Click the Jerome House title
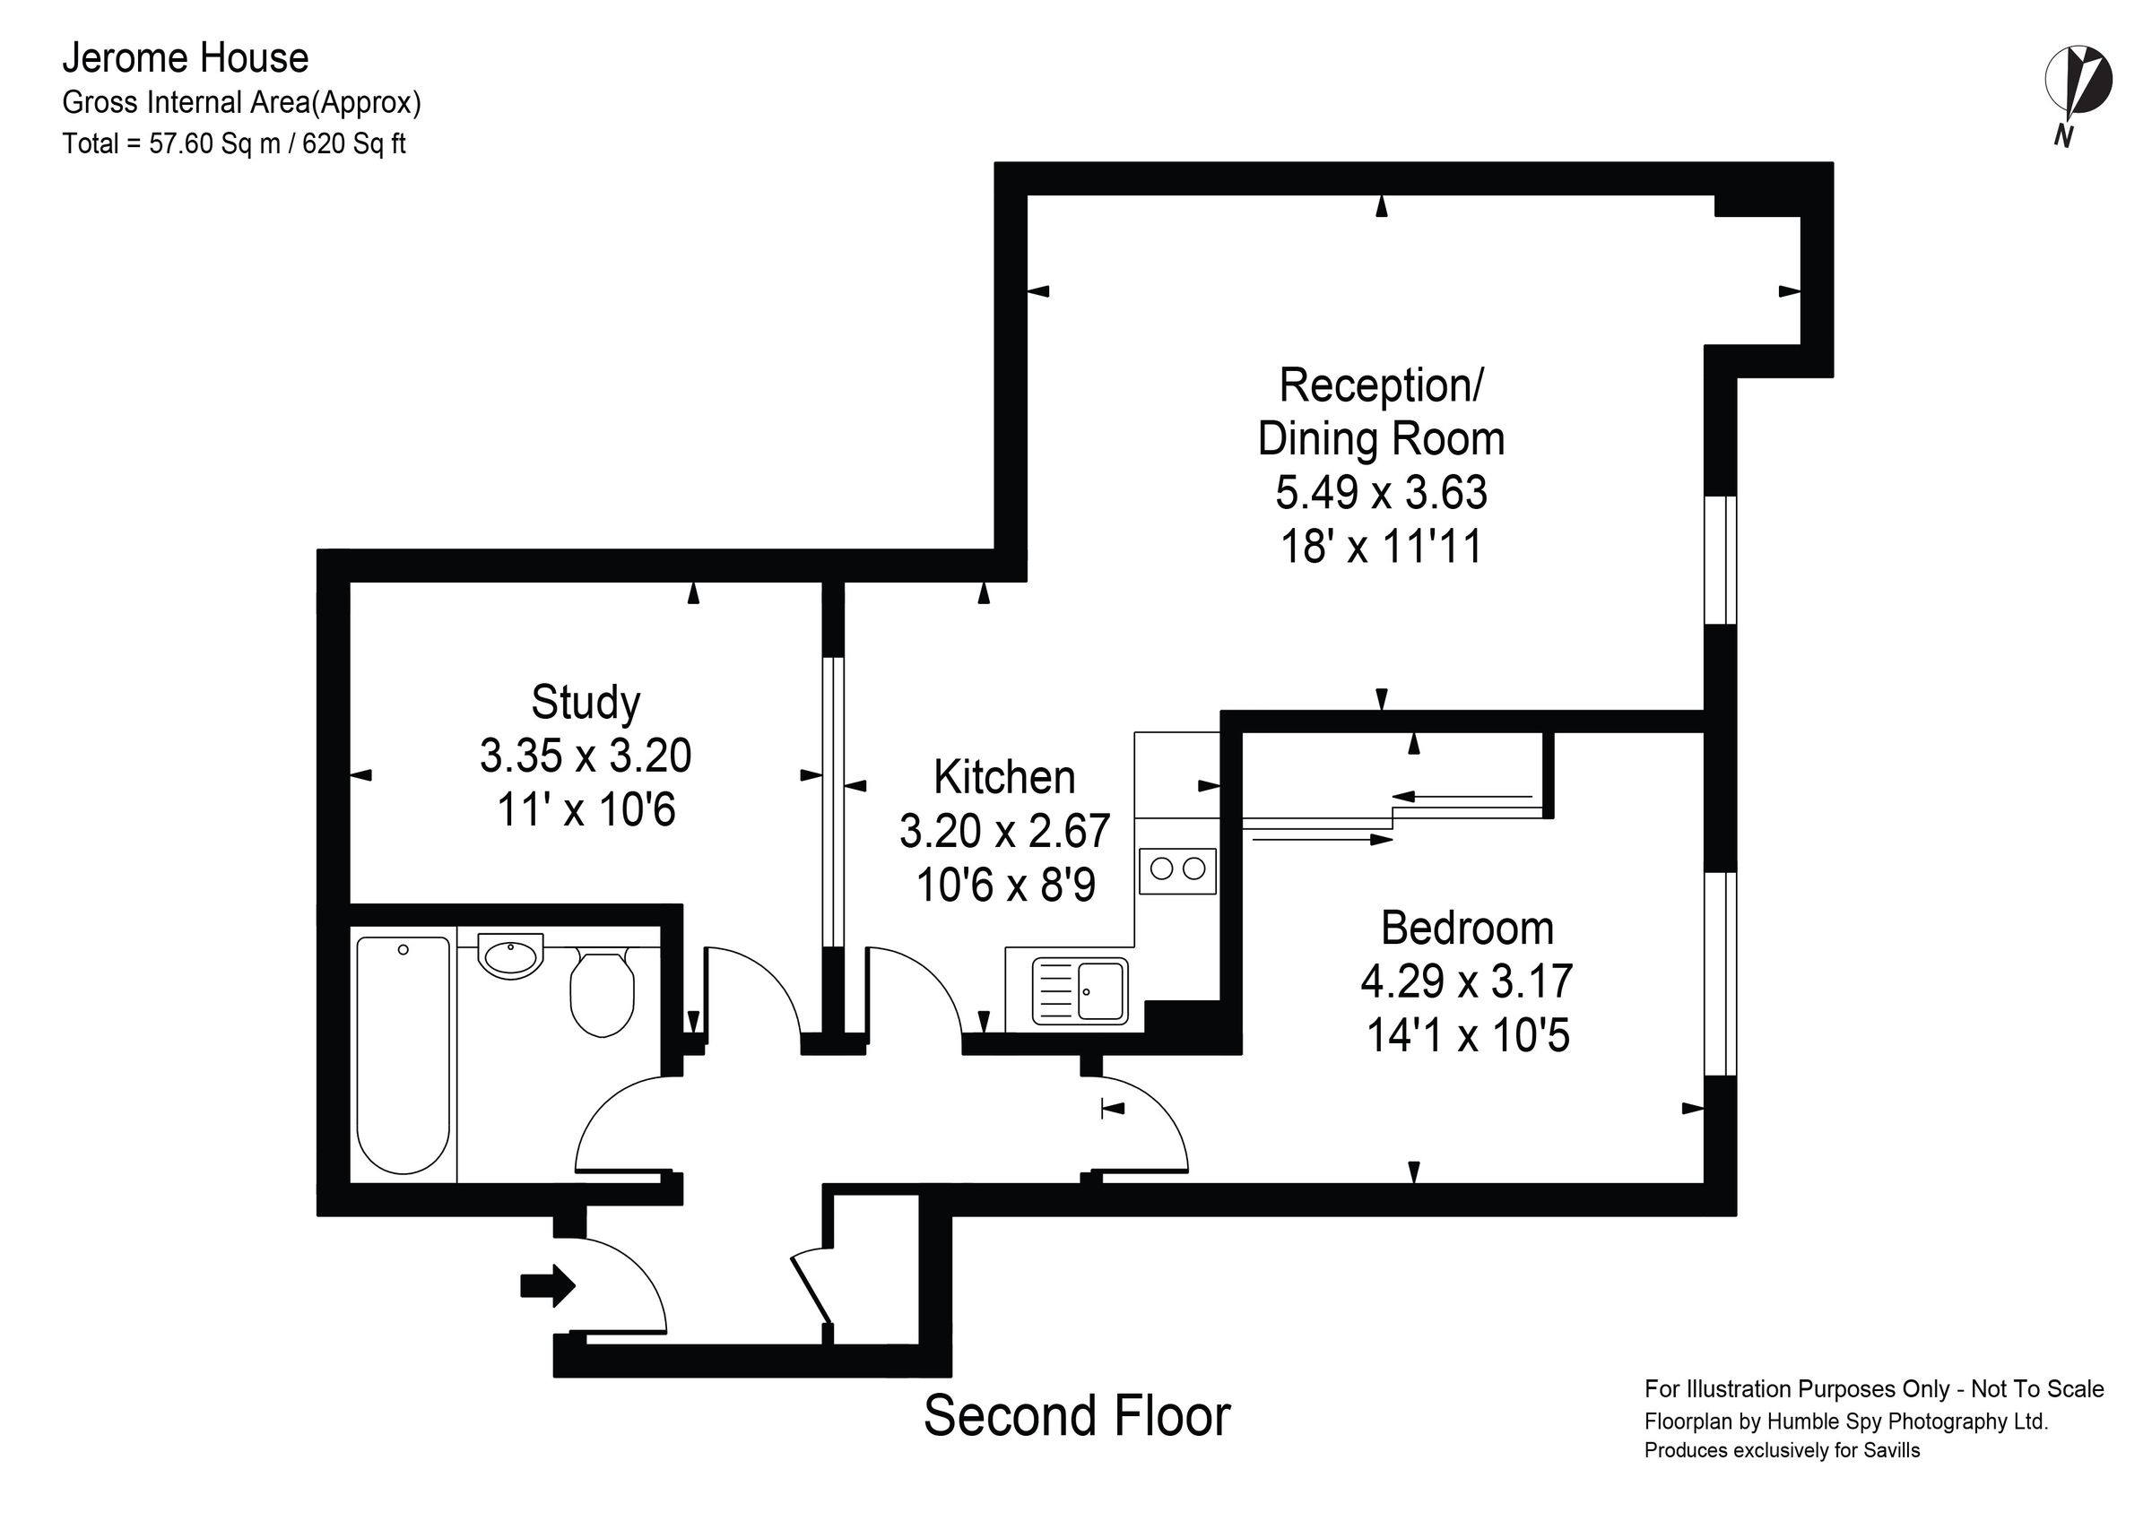[186, 58]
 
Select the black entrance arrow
[547, 1286]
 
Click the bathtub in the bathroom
[403, 1054]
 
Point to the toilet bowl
[602, 993]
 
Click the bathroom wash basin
[511, 956]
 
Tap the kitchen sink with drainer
[1080, 990]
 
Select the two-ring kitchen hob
[1178, 869]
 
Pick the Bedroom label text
[1467, 928]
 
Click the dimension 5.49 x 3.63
[1381, 492]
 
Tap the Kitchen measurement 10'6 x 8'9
[1005, 885]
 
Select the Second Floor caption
[1076, 1416]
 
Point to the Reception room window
[1720, 559]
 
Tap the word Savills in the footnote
[1889, 1451]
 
